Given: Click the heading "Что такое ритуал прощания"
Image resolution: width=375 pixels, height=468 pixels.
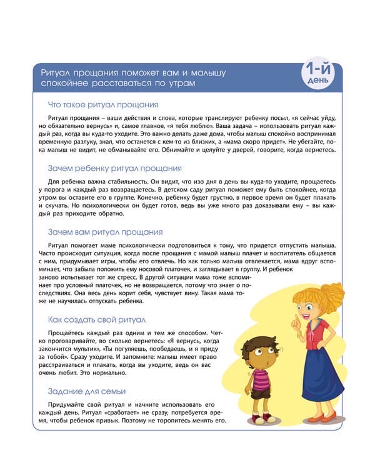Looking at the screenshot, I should (103, 104).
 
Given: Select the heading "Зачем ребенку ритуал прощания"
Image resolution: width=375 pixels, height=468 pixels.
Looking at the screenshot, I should (115, 168).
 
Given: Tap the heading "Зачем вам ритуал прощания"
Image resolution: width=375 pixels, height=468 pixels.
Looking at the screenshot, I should (105, 232).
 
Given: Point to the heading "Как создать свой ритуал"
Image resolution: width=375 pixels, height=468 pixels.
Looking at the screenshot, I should (96, 319).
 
